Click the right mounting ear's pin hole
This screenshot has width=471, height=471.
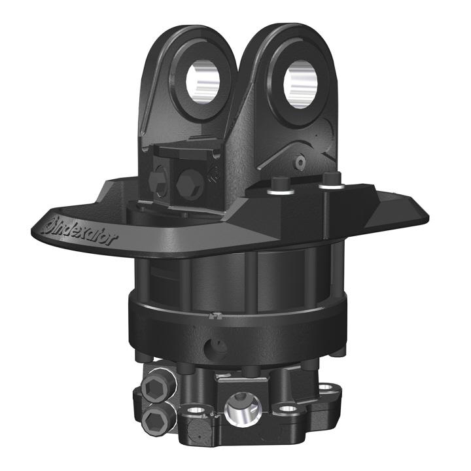300,83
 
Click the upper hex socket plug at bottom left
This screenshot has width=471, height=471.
152,389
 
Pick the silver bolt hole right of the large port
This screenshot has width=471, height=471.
288,408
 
